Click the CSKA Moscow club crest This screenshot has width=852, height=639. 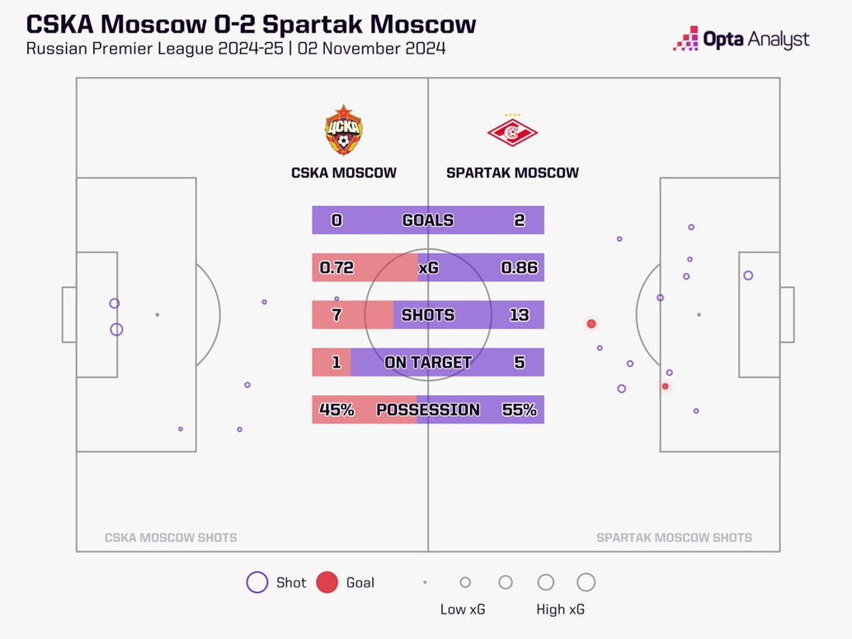[343, 130]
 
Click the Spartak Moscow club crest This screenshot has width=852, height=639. [512, 131]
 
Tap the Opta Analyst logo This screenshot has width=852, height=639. [741, 39]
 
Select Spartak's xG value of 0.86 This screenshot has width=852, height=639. [519, 267]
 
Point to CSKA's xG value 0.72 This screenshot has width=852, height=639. [337, 267]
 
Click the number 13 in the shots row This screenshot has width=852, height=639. [519, 315]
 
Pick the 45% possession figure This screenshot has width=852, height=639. [337, 410]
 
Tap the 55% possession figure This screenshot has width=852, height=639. [519, 410]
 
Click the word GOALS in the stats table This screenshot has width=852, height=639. [427, 220]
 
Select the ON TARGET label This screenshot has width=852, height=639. [427, 362]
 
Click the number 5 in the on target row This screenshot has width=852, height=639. [519, 362]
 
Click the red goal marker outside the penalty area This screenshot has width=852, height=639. [591, 324]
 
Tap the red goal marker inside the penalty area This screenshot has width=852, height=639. [666, 386]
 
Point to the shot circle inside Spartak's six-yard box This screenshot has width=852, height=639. [748, 275]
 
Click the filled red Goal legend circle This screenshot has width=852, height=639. [327, 582]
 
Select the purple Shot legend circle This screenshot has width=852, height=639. [257, 582]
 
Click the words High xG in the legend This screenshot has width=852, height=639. [561, 609]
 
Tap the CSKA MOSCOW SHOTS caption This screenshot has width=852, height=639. [171, 538]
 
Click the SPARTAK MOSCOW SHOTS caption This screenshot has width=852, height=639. [674, 538]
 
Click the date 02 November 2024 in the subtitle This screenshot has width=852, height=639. [372, 49]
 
